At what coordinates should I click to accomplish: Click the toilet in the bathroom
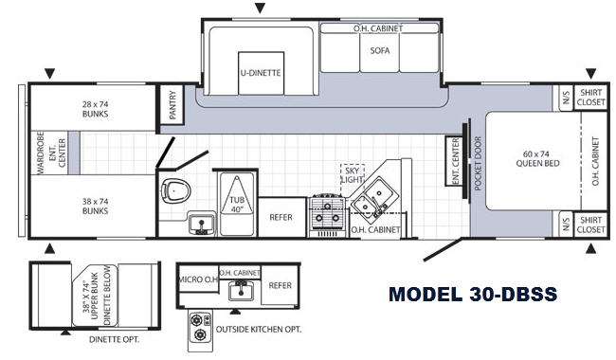175,190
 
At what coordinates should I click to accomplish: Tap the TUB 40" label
237,205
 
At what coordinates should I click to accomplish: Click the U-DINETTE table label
261,73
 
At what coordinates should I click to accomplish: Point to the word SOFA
380,50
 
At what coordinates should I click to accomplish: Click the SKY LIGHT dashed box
352,175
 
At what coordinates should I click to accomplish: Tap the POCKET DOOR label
478,163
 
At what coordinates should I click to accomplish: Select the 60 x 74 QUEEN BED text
538,158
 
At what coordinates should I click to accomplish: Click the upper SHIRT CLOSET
590,98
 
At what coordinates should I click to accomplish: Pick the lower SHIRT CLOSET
590,225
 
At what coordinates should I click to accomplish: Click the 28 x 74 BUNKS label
95,109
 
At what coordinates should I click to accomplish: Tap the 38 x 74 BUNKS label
95,207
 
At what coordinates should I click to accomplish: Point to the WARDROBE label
40,153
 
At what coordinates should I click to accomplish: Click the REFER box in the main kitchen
281,217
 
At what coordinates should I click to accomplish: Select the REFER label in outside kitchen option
281,285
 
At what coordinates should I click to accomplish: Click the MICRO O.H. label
198,279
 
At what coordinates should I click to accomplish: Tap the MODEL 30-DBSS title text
473,294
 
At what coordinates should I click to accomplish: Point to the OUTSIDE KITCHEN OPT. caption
259,330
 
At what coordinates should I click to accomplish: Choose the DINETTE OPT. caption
114,339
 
